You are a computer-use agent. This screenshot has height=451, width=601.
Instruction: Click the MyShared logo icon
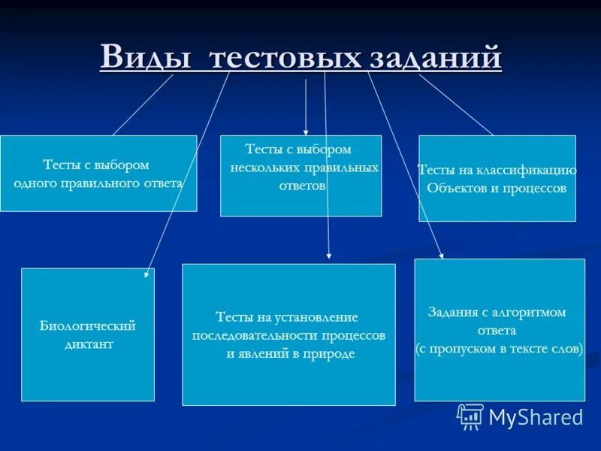470,416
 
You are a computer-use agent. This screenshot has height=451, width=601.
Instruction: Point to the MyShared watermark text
536,417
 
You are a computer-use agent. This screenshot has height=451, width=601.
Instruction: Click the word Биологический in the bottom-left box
87,326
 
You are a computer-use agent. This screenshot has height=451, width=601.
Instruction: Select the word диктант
88,344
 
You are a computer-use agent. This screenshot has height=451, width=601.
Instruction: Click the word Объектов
454,188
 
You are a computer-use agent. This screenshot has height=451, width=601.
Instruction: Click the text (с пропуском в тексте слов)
499,349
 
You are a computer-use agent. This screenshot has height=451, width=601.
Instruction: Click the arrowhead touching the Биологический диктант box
146,275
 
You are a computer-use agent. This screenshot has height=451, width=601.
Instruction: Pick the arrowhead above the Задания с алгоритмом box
442,256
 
